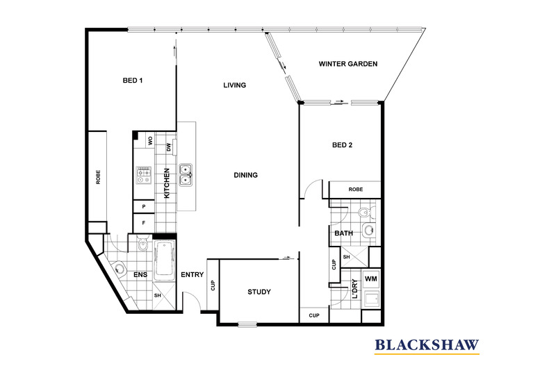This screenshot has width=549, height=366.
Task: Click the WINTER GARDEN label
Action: click(x=348, y=64)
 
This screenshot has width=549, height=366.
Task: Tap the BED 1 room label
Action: click(x=133, y=81)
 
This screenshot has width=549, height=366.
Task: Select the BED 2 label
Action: click(x=342, y=145)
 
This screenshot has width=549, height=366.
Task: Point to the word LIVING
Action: click(x=235, y=85)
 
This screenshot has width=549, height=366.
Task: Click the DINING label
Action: click(x=245, y=175)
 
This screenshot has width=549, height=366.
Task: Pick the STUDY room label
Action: click(x=259, y=292)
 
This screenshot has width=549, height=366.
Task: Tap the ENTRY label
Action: click(x=192, y=275)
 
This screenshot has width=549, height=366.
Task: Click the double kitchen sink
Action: click(x=186, y=175)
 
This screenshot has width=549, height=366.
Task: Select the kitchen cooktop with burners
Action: click(x=144, y=175)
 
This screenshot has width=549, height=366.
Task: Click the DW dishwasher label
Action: click(x=169, y=147)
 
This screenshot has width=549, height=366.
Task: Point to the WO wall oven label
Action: click(x=151, y=141)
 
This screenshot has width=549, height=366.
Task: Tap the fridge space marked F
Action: click(x=144, y=222)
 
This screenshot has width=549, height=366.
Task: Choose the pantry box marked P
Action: click(x=144, y=206)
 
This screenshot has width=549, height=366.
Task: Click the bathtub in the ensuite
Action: click(x=164, y=260)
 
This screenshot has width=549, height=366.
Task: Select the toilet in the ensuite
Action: click(x=143, y=244)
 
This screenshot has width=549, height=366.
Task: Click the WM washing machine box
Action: click(x=371, y=279)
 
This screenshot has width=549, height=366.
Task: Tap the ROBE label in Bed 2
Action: click(x=356, y=190)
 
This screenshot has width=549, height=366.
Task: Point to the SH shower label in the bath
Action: click(x=346, y=257)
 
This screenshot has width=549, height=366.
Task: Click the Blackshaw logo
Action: click(x=427, y=346)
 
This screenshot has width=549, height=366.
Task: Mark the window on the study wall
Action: click(x=247, y=324)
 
